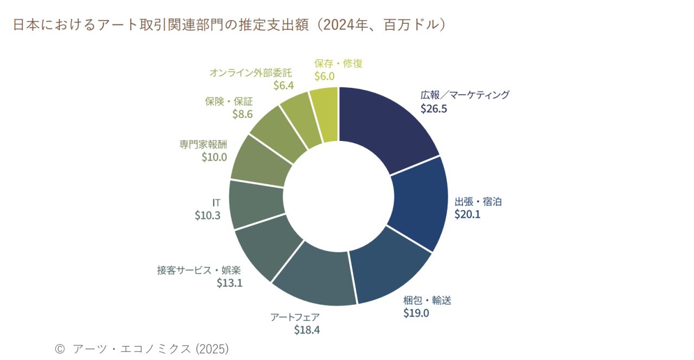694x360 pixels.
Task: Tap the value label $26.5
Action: coord(434,108)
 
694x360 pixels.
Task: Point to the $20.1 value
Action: coord(468,214)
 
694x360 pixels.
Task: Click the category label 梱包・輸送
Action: coord(427,300)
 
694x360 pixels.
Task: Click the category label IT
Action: coord(216,202)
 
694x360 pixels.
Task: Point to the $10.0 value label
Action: coord(214,157)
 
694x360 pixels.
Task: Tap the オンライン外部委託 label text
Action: coord(250,72)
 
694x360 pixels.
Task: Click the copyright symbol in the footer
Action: coord(60,348)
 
